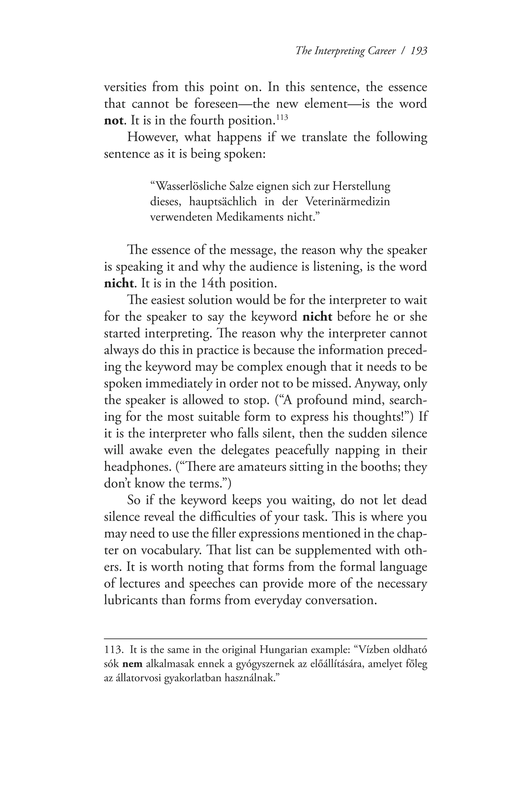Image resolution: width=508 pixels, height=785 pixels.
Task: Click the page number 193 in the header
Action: (x=419, y=51)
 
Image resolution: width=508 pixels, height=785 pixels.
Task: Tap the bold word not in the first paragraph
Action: (x=114, y=121)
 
